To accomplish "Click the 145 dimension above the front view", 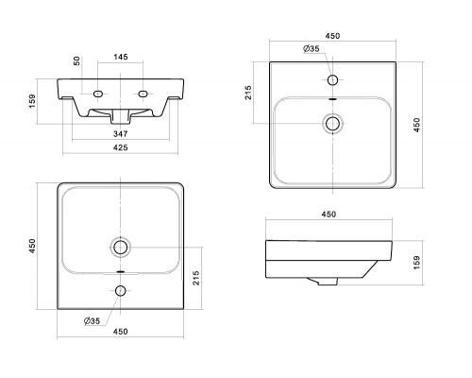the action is point(121,57).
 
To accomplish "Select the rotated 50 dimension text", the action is point(76,60).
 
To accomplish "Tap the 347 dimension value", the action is point(121,134).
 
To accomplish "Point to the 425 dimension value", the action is point(121,147).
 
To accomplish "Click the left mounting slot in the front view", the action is point(98,94).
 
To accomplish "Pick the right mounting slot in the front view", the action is point(143,94).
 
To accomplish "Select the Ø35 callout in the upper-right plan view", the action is point(312,48).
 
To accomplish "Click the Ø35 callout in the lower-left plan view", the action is point(92,320).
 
